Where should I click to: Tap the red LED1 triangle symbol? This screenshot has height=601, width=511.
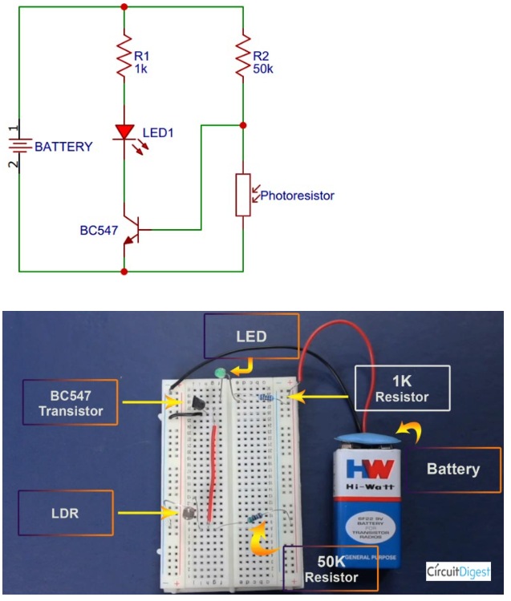pyautogui.click(x=124, y=131)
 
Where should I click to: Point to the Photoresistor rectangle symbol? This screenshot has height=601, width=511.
pyautogui.click(x=242, y=193)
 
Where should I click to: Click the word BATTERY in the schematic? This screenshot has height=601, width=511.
pyautogui.click(x=63, y=147)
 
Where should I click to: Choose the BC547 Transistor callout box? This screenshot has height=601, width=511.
pyautogui.click(x=71, y=401)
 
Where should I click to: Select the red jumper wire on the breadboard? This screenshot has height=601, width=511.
pyautogui.click(x=213, y=473)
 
